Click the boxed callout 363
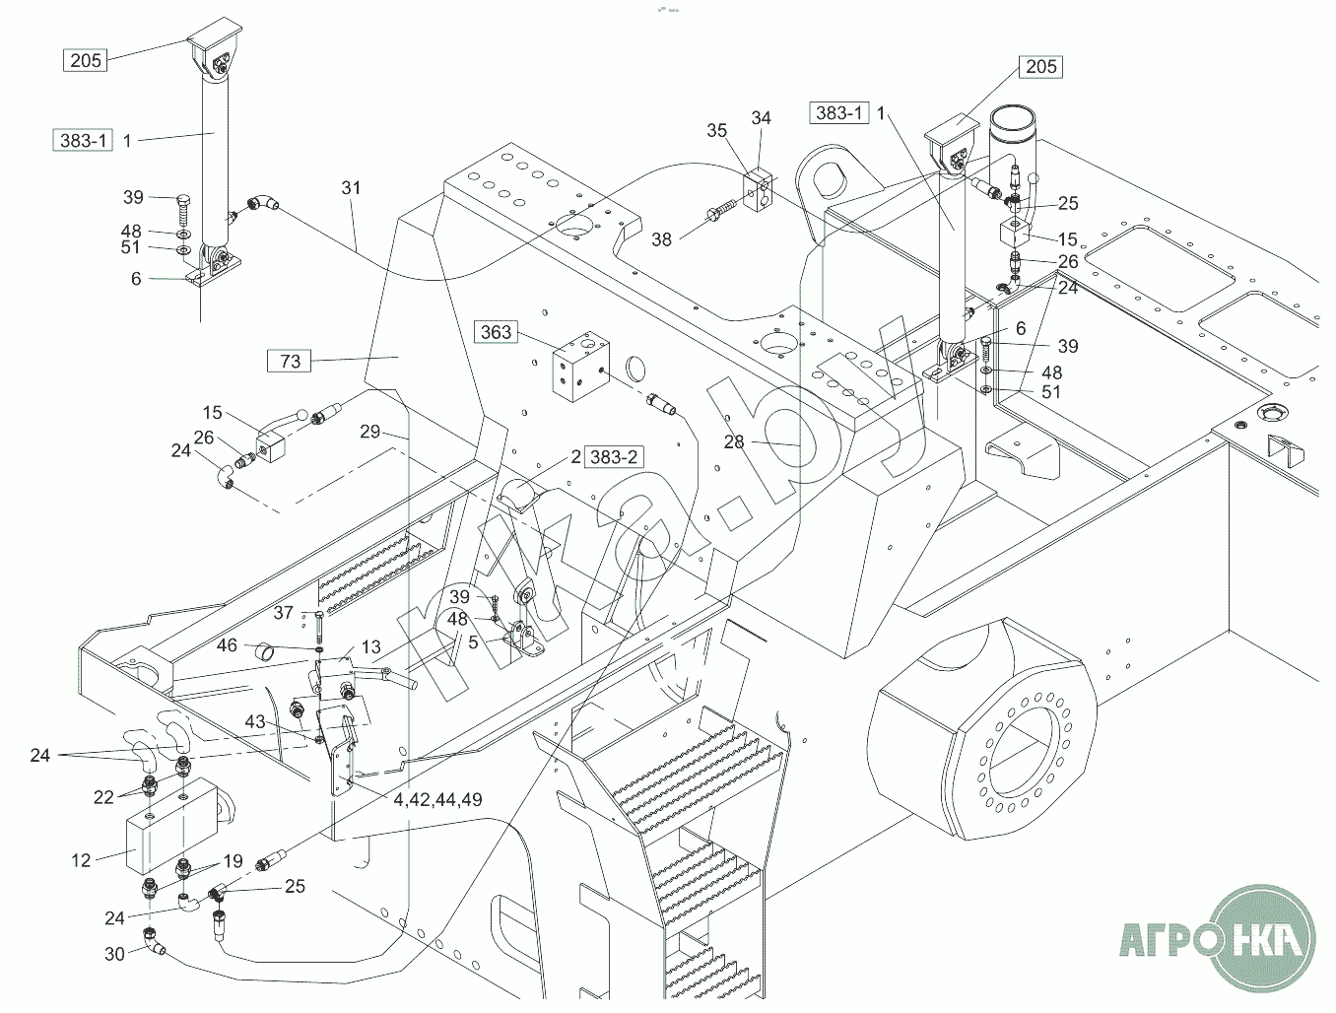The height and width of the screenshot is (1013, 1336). (496, 332)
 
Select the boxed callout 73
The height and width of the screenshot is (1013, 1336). (290, 362)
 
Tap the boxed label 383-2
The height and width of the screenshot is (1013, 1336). (613, 457)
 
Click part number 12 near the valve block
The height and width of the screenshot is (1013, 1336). (81, 860)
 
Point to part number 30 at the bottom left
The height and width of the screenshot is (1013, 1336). (114, 954)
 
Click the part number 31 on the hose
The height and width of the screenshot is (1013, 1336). (352, 187)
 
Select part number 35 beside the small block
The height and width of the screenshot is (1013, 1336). (716, 130)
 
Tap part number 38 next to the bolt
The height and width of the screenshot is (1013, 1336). (661, 238)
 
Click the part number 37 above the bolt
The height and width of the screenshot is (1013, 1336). (284, 613)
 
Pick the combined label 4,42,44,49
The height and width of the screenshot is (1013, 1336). (438, 799)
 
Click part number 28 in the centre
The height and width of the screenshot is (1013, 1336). (734, 441)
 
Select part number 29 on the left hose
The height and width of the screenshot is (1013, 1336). (369, 432)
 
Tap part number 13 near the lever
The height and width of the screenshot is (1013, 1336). (370, 646)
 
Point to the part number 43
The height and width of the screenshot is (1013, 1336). (255, 721)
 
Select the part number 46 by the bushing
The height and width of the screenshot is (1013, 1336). (228, 645)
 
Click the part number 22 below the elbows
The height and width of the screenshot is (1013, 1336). (104, 797)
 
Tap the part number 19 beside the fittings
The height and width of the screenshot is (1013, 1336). (233, 860)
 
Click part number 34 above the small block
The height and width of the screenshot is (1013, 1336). (761, 118)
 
